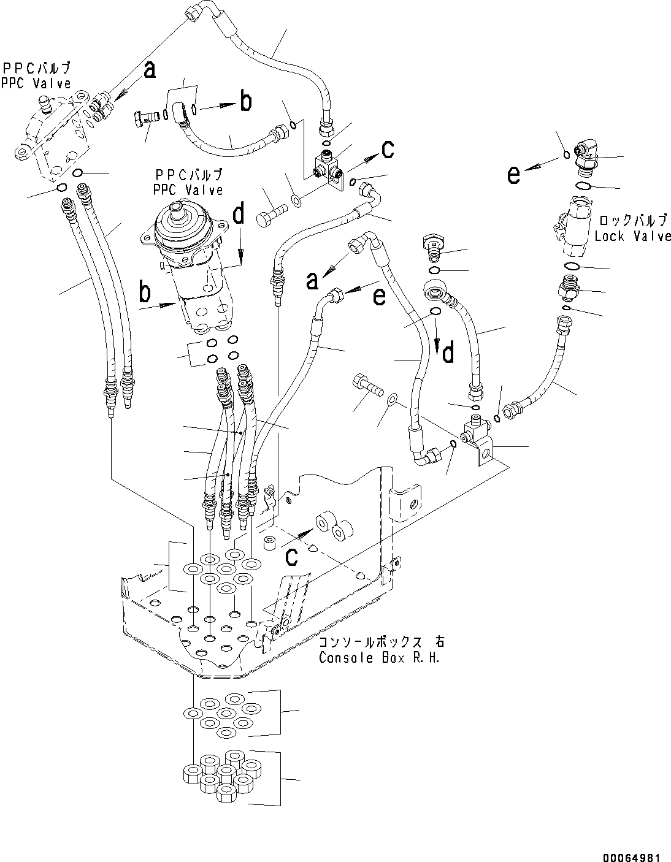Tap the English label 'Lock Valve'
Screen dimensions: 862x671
coord(632,235)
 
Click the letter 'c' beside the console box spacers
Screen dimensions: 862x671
coord(292,556)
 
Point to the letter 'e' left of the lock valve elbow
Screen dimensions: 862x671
coord(514,175)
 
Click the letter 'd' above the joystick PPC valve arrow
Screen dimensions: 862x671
coord(239,214)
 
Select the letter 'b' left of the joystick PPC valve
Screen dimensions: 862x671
coord(145,292)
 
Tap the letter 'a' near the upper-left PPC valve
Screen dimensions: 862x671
coord(149,71)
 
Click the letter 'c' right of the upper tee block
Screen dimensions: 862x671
coord(388,149)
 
